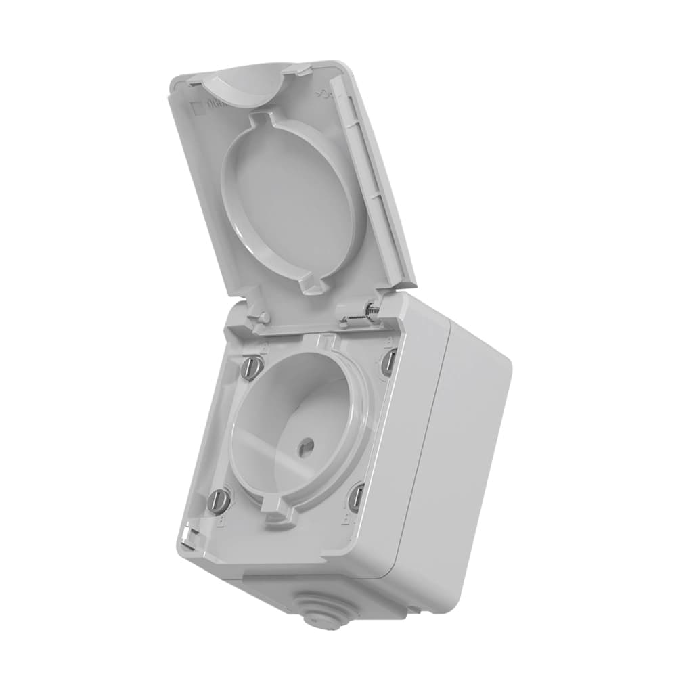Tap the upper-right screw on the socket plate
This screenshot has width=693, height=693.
(388, 363)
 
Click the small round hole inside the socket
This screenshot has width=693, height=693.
(306, 445)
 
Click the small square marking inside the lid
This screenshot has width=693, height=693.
(196, 107)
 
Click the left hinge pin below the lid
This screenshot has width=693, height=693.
(261, 317)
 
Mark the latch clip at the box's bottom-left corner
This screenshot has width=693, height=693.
(190, 538)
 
